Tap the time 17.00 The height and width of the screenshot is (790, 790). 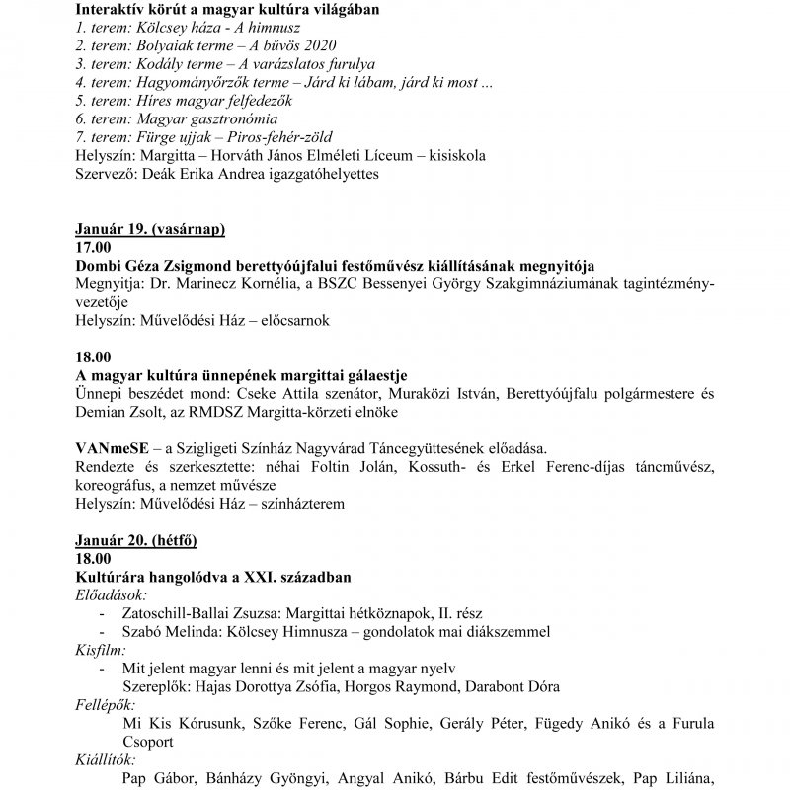coord(93,248)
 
